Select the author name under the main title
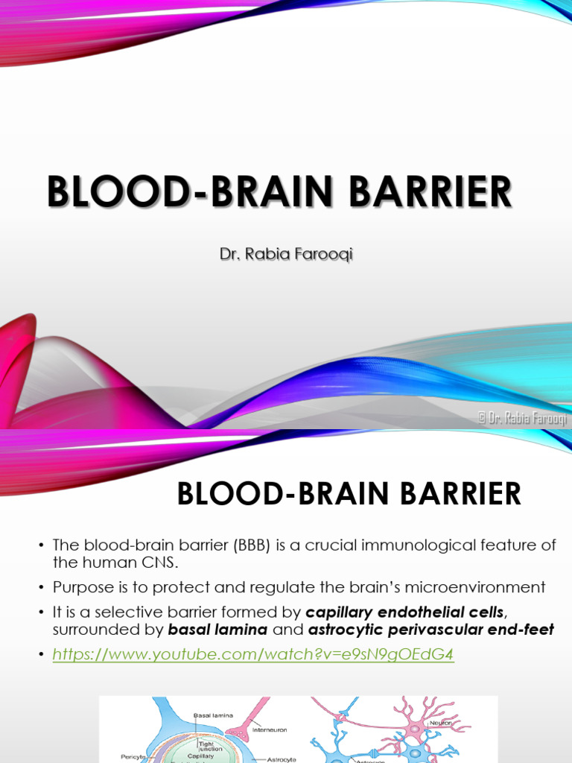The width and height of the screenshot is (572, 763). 285,255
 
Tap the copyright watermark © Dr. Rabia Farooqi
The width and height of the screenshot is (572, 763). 522,419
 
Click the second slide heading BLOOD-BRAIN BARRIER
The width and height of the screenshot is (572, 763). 349,495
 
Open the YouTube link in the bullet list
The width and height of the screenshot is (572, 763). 253,654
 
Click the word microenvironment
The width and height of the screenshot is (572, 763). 477,587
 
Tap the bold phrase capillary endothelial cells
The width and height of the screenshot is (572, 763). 405,612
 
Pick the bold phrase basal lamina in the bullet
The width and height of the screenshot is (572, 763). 217,630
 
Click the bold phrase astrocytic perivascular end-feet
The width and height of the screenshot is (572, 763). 430,630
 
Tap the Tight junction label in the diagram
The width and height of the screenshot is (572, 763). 204,746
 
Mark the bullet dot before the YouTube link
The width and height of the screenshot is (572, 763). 42,655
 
